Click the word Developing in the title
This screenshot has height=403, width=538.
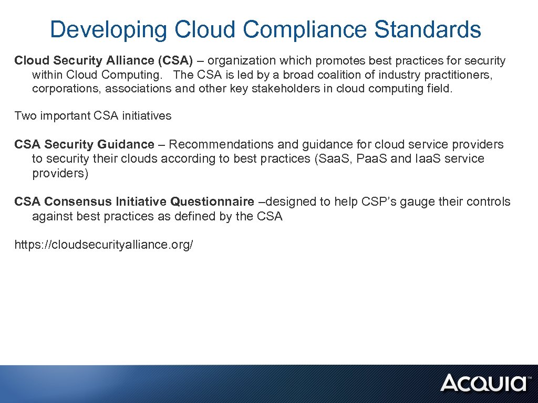point(109,30)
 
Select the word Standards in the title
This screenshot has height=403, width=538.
point(428,30)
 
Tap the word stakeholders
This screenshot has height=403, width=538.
point(305,88)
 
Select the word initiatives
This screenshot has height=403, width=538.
point(147,115)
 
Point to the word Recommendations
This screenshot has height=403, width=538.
point(233,144)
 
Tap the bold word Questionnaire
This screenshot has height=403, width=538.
point(212,202)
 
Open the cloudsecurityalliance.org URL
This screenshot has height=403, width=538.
point(104,245)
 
